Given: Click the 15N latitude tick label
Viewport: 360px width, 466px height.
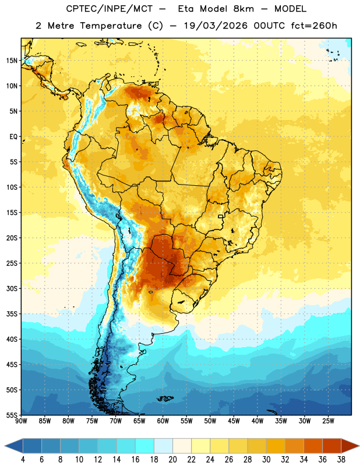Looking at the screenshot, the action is click(12, 61).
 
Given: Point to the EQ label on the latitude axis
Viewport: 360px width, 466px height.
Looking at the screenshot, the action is click(13, 137).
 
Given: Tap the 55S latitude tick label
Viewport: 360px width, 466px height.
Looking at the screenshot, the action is click(12, 415).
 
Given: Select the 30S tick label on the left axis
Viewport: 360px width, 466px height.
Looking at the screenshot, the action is click(12, 288).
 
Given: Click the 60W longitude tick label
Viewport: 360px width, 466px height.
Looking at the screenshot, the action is click(163, 421).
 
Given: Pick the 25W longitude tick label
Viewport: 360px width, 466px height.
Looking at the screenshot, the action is click(328, 421).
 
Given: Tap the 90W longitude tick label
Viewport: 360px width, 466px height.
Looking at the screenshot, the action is click(21, 421).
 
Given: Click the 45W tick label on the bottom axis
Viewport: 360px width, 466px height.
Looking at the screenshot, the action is click(234, 421).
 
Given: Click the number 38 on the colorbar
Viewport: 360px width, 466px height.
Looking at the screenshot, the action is click(341, 460).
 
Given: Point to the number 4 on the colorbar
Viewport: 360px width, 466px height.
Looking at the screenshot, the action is click(23, 460).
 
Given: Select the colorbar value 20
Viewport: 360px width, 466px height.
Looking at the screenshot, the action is click(172, 460).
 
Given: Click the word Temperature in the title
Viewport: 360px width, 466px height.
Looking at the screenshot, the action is click(111, 26).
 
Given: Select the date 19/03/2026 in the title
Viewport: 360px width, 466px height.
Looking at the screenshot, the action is click(215, 26).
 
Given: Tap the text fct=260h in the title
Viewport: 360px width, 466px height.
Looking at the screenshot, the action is click(314, 26).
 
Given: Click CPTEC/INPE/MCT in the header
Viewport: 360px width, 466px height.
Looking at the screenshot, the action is click(109, 9).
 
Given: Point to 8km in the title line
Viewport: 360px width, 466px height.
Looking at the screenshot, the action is click(243, 9).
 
